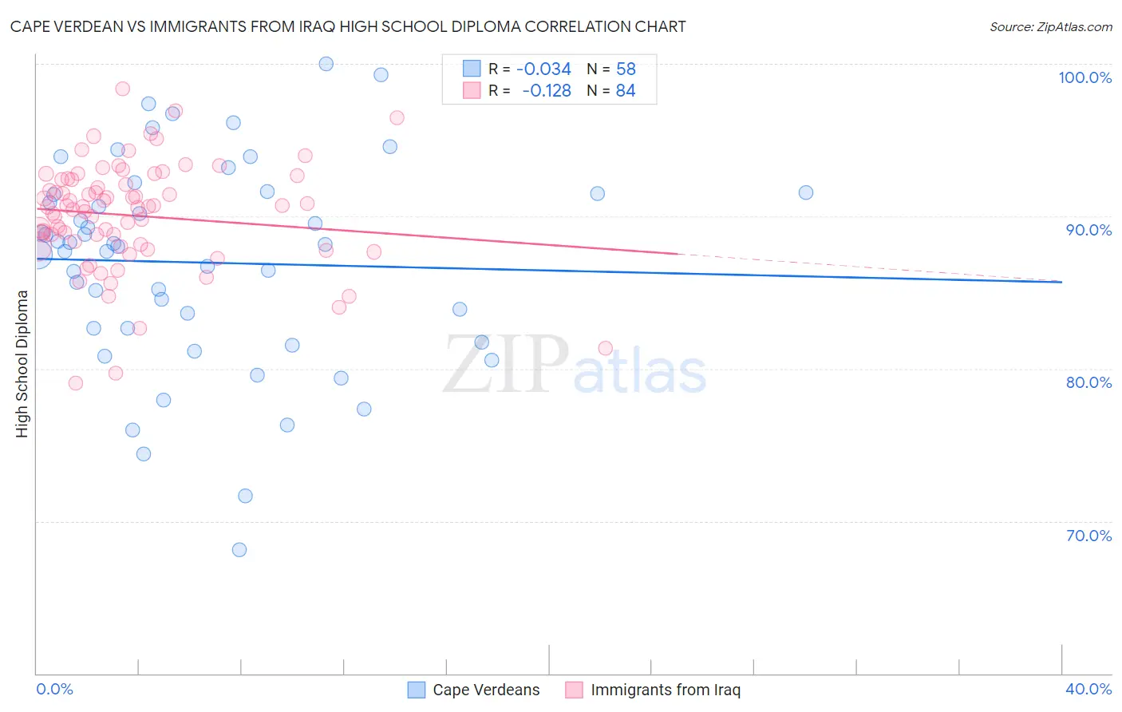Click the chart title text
pyautogui.click(x=348, y=26)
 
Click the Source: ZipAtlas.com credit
pyautogui.click(x=1050, y=26)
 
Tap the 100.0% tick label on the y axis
pyautogui.click(x=1084, y=77)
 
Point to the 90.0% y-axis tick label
pyautogui.click(x=1088, y=230)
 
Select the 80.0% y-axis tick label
pyautogui.click(x=1088, y=382)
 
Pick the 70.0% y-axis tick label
pyautogui.click(x=1088, y=536)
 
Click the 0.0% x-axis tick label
pyautogui.click(x=54, y=689)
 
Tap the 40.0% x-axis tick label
pyautogui.click(x=1088, y=689)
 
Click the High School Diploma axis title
pyautogui.click(x=22, y=363)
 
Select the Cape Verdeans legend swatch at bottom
pyautogui.click(x=417, y=690)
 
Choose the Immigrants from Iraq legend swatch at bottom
pyautogui.click(x=575, y=690)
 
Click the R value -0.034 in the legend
pyautogui.click(x=543, y=69)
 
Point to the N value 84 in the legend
pyautogui.click(x=626, y=91)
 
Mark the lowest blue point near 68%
pyautogui.click(x=239, y=550)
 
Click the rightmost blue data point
pyautogui.click(x=806, y=192)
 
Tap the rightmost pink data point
pyautogui.click(x=605, y=348)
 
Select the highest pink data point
pyautogui.click(x=123, y=89)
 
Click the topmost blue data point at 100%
pyautogui.click(x=326, y=64)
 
